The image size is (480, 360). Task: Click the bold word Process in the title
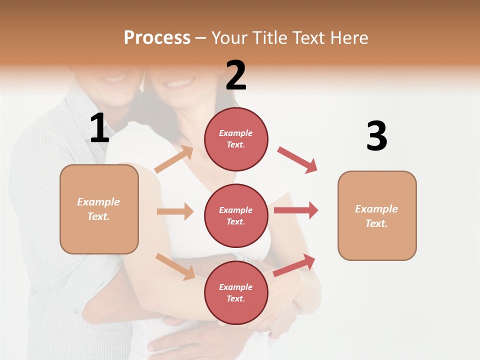coord(157,38)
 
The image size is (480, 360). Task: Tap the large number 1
coord(99,128)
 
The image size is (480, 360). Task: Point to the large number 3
coord(376,136)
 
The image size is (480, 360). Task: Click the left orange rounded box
coord(99,209)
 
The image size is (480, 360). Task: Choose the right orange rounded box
coord(377,216)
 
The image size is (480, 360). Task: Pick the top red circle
coord(236,139)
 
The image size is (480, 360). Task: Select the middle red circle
coord(236,216)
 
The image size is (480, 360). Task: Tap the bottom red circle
coord(236,293)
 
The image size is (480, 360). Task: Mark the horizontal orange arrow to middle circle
coord(175,211)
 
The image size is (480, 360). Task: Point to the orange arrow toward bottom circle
coord(175,266)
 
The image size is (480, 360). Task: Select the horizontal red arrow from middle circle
coord(296,210)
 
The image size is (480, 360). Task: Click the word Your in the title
coord(229,38)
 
